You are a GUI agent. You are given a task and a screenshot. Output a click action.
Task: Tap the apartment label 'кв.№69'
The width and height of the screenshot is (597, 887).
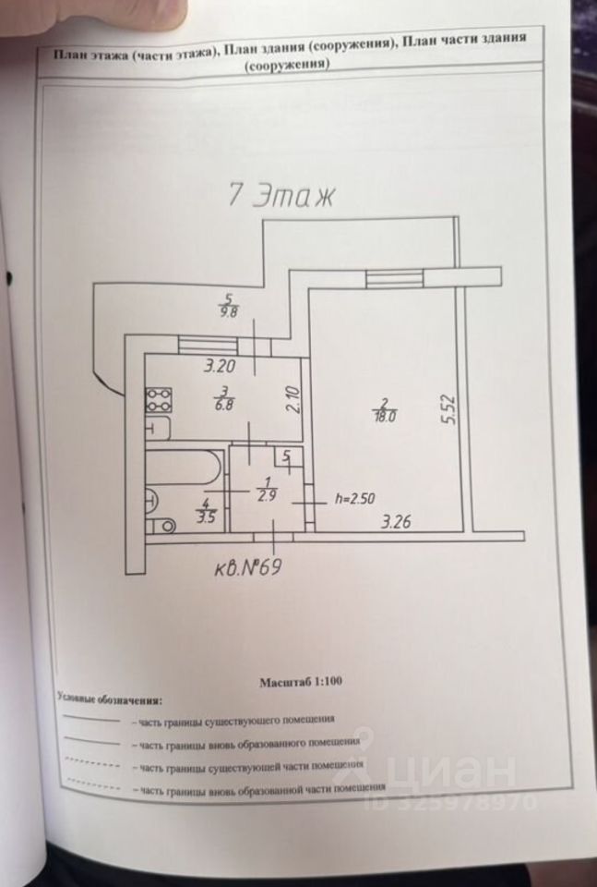tap(240, 566)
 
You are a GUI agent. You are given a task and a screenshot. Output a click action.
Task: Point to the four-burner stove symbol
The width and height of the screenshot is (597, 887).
tap(159, 399)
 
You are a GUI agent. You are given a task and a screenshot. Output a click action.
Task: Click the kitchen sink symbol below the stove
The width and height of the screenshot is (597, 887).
tap(158, 430)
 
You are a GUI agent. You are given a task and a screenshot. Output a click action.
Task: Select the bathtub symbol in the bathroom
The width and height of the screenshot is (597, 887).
tap(184, 467)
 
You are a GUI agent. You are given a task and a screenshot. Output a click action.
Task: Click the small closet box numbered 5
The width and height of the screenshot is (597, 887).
tap(287, 457)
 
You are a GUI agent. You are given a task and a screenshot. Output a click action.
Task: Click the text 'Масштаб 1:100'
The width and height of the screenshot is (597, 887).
tap(301, 682)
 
